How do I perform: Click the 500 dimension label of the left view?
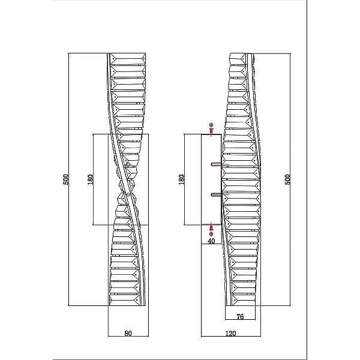(x=65, y=179)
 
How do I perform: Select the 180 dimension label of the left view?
(x=91, y=179)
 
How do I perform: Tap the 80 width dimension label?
(x=128, y=333)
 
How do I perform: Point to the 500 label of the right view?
(x=287, y=179)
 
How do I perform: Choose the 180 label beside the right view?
(x=181, y=179)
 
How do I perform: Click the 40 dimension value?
(x=211, y=241)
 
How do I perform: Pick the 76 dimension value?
(x=240, y=317)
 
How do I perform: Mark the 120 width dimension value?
(x=230, y=333)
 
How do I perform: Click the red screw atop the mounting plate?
(x=211, y=131)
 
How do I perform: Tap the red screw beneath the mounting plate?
(x=211, y=228)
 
